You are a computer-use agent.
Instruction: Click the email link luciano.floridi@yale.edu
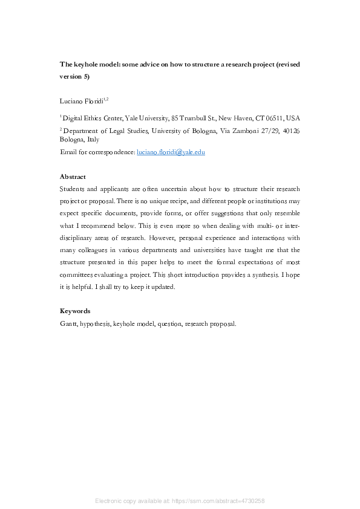[171, 152]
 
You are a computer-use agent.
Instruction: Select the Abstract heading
[73, 177]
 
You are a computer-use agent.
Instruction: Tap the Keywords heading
[75, 311]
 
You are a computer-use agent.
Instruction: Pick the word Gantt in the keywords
[68, 323]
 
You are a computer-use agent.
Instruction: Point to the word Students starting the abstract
[73, 189]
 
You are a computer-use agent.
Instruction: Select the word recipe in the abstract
[175, 201]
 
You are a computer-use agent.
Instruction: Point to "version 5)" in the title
[74, 77]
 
